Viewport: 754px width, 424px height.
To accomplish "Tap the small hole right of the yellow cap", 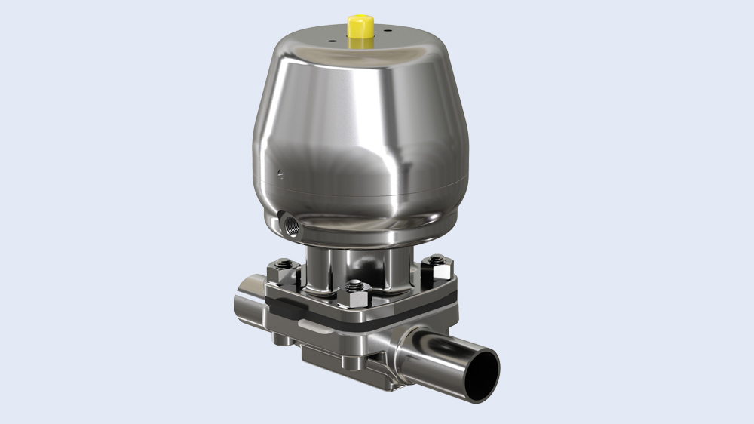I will coord(387,32).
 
